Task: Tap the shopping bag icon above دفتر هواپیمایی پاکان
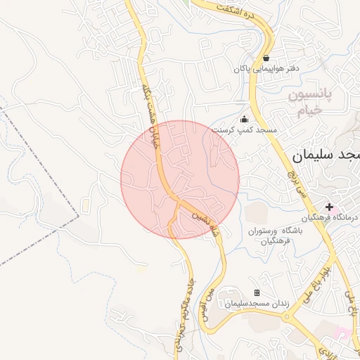tap(266, 58)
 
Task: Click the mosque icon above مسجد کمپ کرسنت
tap(244, 119)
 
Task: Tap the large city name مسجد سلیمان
tap(324, 156)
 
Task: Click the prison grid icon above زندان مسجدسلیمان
tap(257, 292)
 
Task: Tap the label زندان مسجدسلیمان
tap(252, 304)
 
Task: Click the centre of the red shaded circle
tap(180, 179)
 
